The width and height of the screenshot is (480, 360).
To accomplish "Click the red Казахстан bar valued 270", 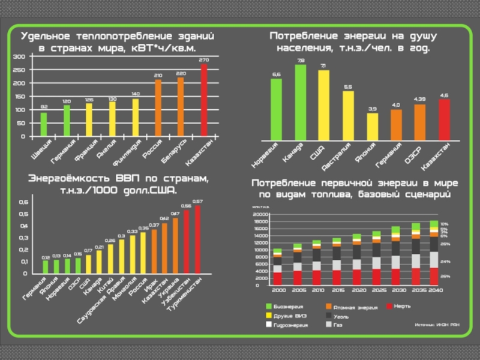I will pos(204,100).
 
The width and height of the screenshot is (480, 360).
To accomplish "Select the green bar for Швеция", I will pos(43,124).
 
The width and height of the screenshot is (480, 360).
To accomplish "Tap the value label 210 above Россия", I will pos(158,76).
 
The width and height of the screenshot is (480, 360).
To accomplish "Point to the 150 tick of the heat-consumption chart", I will pos(20,97).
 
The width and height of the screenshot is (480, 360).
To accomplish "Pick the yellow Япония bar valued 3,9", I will pos(373,127).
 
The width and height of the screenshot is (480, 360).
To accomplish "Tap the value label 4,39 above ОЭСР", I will pos(420,98).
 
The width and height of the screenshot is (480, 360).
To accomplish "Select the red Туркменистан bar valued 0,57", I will pos(197,240).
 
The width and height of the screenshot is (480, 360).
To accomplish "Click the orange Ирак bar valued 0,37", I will pos(154,251).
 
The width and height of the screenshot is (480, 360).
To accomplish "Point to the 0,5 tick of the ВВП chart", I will pos(23,214).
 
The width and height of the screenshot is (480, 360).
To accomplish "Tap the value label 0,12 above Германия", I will pos(46,257).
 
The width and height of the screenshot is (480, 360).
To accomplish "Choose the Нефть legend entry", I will pos(403,307).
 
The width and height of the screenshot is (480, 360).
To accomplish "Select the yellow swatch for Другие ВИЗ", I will pos(269,316).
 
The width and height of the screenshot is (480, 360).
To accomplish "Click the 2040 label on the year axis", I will pos(436,289).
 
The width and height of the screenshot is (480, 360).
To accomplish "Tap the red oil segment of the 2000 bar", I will pos(277,277).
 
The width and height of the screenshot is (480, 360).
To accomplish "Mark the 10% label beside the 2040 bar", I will pos(445,224).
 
